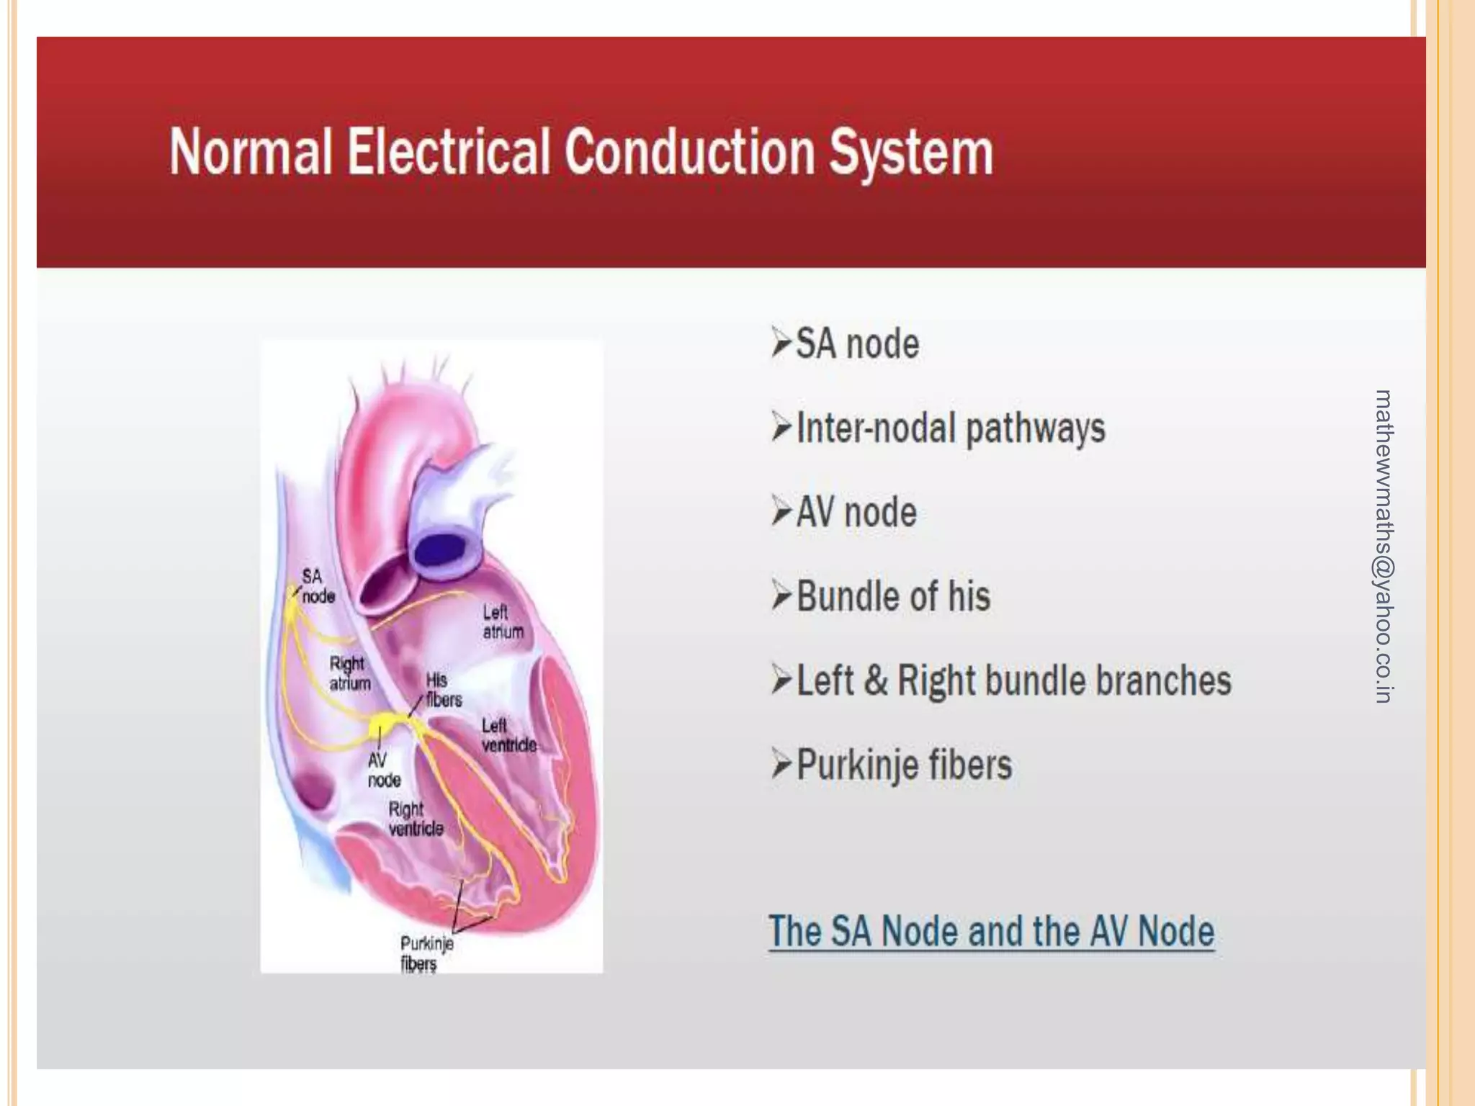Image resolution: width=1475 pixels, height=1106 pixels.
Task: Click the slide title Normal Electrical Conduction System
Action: (x=580, y=153)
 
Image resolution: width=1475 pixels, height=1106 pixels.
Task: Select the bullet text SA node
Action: (x=857, y=343)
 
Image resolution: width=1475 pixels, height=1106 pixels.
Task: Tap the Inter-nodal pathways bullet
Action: (x=950, y=428)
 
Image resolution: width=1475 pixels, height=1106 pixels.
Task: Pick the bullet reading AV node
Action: (x=856, y=513)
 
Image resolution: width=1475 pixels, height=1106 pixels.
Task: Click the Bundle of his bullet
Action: (x=893, y=596)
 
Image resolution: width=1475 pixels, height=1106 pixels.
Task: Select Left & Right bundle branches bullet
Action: (x=1013, y=680)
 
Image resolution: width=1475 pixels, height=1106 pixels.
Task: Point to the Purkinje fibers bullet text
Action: (x=904, y=765)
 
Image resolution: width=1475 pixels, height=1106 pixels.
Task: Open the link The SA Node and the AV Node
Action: (x=991, y=931)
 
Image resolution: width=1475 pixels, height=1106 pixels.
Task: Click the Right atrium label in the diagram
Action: (x=349, y=673)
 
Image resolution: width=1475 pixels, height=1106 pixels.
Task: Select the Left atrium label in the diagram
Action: (x=503, y=621)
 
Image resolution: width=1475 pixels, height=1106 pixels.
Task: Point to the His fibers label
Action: (x=443, y=689)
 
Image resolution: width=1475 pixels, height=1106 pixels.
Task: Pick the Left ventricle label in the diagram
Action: (x=508, y=735)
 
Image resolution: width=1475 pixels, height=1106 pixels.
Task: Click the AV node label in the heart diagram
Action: (x=384, y=770)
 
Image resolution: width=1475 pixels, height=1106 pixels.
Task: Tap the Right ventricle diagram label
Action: (x=416, y=819)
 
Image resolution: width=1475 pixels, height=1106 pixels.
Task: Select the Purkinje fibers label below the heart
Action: (x=426, y=953)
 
